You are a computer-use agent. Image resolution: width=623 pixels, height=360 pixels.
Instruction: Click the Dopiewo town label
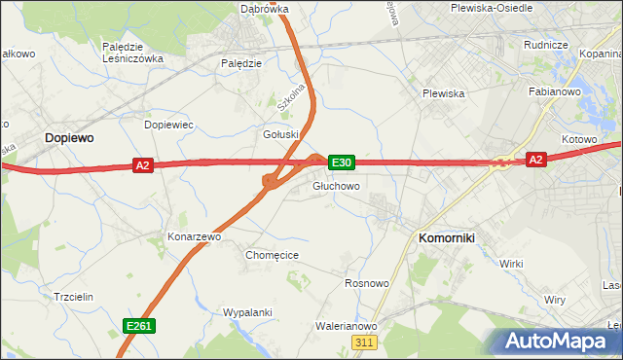coord(69,139)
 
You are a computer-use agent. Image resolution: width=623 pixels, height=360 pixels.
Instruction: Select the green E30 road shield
coord(342,162)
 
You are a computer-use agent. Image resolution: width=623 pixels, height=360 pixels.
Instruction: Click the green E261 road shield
coord(137,325)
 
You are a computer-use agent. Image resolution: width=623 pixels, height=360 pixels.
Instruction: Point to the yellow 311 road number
coord(365,342)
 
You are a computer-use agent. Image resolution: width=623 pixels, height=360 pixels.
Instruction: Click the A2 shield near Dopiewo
coord(143,166)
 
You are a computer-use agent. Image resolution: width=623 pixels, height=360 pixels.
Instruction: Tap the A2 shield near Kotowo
coord(534,159)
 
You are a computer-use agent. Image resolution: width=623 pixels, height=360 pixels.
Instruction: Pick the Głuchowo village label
coord(337,186)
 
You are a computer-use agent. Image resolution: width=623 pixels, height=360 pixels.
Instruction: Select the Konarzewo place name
coord(196,236)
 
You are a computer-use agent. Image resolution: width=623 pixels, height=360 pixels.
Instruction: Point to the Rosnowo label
coord(367,283)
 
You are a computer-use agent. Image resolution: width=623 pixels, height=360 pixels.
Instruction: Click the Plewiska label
coord(443,93)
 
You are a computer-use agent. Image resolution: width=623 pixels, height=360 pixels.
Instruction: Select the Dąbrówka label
coord(264,9)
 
